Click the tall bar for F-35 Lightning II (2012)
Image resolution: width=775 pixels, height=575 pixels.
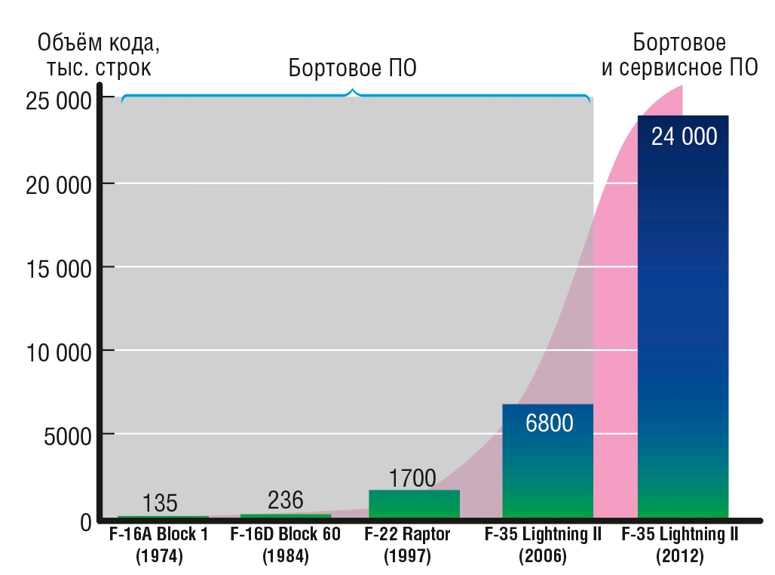(683, 317)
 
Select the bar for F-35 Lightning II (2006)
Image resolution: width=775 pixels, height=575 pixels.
(547, 461)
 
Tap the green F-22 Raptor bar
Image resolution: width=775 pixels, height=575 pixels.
(414, 504)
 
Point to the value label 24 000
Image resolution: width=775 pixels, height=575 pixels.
(684, 137)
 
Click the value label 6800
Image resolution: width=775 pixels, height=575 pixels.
(549, 423)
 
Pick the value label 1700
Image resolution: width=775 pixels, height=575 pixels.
(412, 478)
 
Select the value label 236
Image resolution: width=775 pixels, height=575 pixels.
(285, 500)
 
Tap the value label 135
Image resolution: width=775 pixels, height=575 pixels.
(160, 503)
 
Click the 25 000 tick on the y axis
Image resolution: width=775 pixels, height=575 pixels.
(59, 101)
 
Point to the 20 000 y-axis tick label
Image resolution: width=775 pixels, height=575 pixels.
(59, 186)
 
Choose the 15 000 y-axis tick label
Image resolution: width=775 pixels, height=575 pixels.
(59, 269)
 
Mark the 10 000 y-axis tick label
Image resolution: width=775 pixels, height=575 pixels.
(59, 353)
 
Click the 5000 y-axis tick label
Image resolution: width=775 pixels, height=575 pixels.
(68, 436)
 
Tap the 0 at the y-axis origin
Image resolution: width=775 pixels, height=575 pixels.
(86, 522)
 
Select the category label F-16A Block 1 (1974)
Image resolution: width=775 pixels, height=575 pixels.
(158, 545)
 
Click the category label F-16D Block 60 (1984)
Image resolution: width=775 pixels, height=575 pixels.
(285, 545)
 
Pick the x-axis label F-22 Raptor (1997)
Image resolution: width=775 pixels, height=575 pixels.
(407, 545)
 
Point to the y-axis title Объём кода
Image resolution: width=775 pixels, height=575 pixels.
(99, 43)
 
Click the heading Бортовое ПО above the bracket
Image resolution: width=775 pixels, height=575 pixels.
(352, 68)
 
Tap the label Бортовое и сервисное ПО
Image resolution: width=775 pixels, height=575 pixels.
(679, 55)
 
